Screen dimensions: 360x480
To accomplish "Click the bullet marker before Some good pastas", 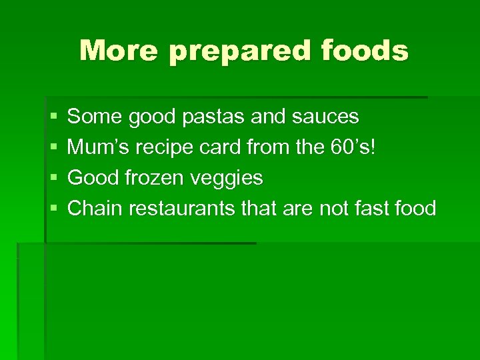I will [53, 117].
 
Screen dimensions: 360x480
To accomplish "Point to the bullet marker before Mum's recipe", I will [53, 148].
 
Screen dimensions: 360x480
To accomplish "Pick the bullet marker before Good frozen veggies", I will [53, 179].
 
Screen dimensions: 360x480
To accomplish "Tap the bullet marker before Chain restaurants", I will [53, 209].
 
